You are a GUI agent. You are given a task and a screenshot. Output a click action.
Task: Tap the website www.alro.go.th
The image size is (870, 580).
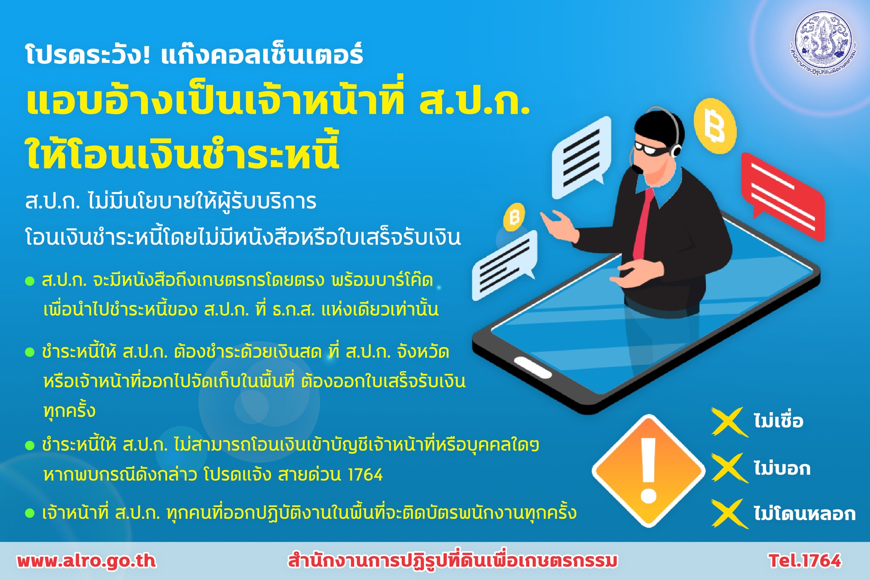point(87,561)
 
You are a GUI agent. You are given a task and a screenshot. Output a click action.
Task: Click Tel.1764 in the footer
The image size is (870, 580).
point(805,561)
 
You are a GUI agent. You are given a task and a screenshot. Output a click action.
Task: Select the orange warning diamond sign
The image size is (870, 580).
point(648,471)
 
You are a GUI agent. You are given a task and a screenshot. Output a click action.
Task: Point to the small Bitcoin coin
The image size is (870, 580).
point(514,217)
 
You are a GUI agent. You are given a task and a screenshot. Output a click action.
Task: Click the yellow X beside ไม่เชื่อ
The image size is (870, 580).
point(729,422)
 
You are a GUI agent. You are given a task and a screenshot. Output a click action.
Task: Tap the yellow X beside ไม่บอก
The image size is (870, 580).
point(729,468)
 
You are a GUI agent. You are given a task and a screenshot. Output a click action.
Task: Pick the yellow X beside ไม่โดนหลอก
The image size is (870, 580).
point(729,514)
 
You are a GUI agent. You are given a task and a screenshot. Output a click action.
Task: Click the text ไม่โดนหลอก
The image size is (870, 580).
point(805,513)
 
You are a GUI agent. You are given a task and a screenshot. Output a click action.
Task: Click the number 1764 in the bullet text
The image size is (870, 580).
point(365,475)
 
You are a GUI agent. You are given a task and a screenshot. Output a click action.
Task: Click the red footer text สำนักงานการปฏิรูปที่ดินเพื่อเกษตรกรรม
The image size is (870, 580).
point(453,561)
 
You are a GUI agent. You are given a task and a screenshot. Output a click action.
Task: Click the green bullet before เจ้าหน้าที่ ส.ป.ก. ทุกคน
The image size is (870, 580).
point(30,513)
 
